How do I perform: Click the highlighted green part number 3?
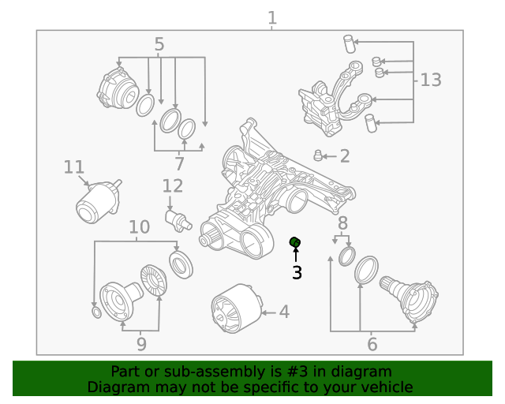click(x=296, y=241)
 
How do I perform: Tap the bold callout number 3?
click(x=297, y=273)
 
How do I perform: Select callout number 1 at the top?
click(x=272, y=17)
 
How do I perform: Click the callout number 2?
click(x=344, y=156)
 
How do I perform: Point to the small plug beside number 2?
click(x=320, y=154)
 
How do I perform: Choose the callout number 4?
click(x=283, y=312)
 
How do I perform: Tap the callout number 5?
click(x=159, y=44)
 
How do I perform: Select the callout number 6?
click(x=372, y=344)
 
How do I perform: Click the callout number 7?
click(x=179, y=164)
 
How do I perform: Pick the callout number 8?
click(x=342, y=223)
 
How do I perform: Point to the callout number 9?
click(x=141, y=343)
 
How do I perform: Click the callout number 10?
click(x=139, y=227)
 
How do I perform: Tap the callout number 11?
click(x=73, y=167)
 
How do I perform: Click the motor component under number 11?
click(x=95, y=203)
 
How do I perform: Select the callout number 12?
click(x=172, y=186)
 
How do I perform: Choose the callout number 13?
click(x=431, y=80)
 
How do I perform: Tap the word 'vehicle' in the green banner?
click(x=387, y=387)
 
